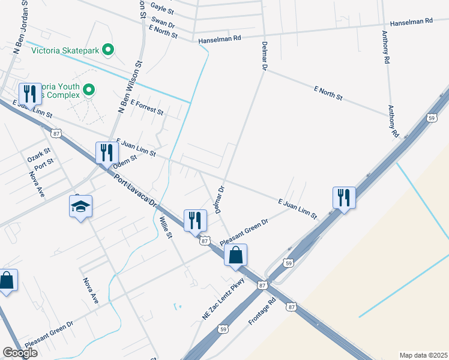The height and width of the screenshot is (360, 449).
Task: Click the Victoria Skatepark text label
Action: (65, 50)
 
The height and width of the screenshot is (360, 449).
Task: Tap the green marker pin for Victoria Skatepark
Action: (108, 50)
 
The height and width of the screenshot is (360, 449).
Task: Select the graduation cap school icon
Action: (80, 207)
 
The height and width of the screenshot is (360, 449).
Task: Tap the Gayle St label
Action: (162, 8)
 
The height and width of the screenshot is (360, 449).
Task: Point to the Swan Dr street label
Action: (163, 23)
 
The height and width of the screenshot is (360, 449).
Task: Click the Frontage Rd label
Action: (262, 310)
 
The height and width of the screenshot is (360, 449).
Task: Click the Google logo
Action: (20, 353)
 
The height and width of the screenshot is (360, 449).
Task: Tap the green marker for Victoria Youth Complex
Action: (89, 90)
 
